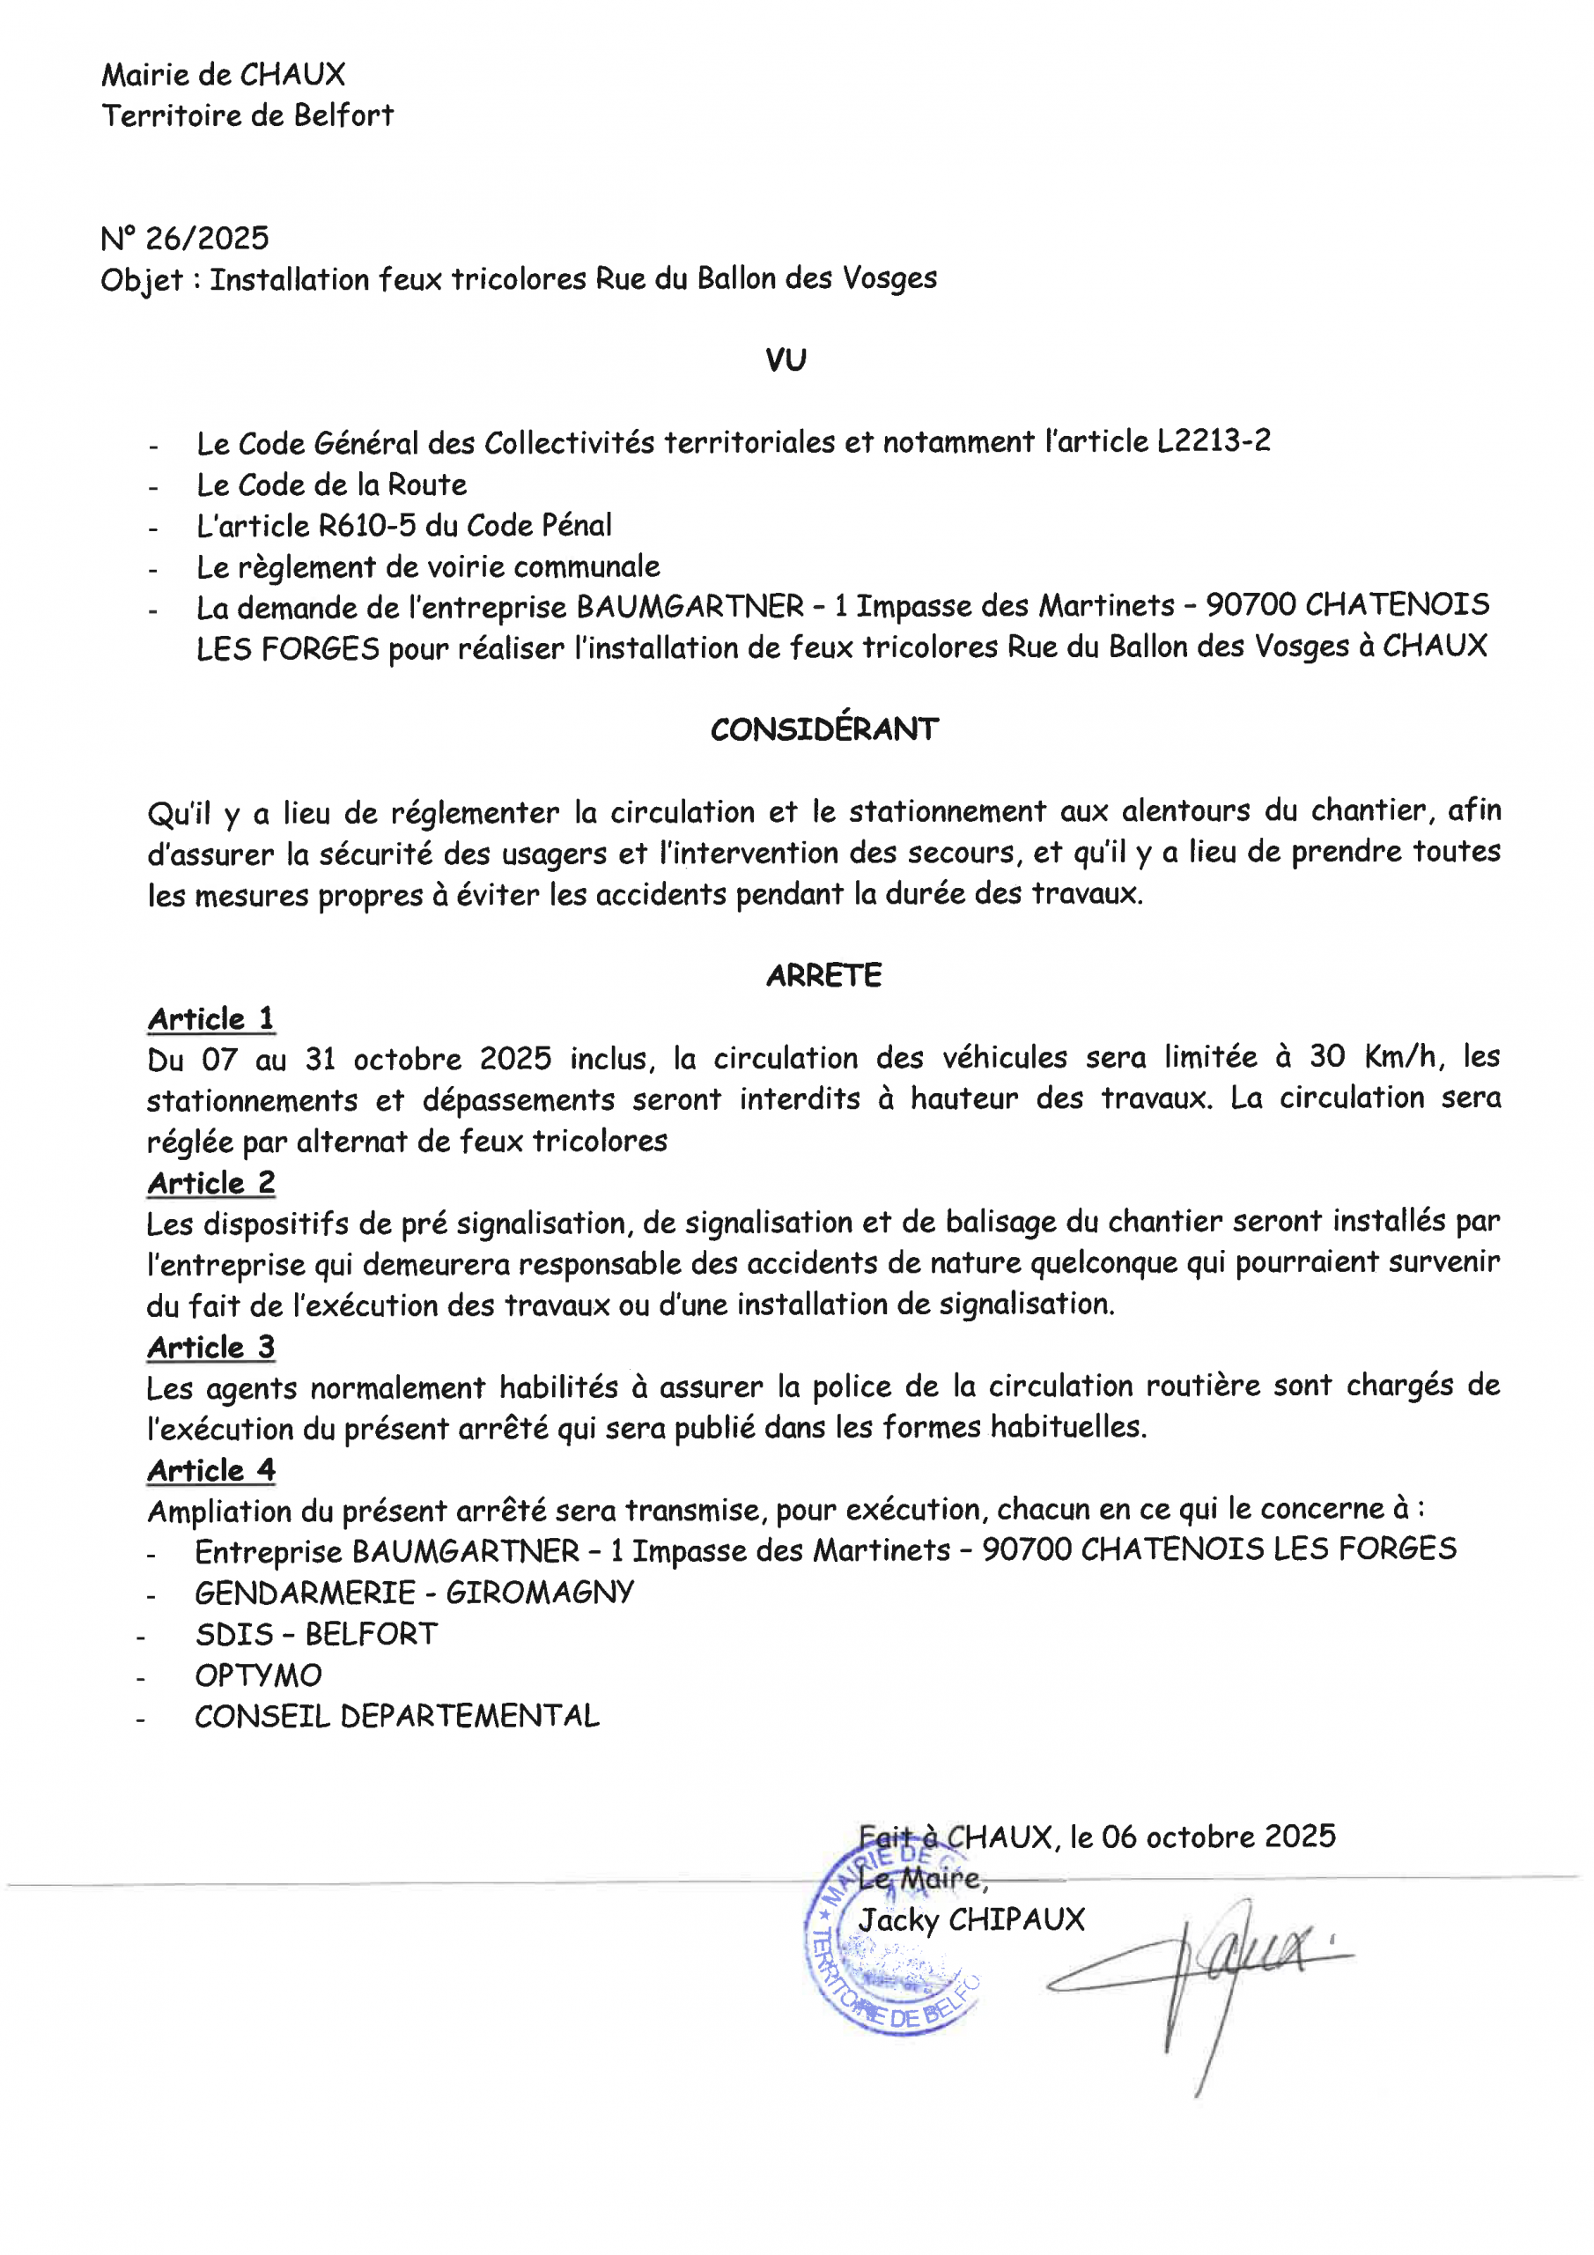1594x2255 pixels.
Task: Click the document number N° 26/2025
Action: tap(185, 239)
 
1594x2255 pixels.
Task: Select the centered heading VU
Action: tap(786, 360)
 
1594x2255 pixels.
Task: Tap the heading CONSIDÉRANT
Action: tap(824, 728)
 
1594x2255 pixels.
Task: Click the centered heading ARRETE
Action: tap(823, 975)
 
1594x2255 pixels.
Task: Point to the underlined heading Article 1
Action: tap(211, 1018)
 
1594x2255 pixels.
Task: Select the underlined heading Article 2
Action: tap(211, 1182)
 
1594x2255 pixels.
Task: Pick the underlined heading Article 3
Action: tap(211, 1347)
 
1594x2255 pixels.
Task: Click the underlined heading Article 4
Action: tap(211, 1470)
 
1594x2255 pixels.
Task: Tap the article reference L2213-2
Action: tap(1213, 441)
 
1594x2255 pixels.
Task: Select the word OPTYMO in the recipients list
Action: tap(258, 1675)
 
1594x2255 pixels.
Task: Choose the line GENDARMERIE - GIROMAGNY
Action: tap(415, 1592)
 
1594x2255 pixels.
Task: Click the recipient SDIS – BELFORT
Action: tap(316, 1633)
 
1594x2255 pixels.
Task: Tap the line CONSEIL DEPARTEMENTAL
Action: tap(397, 1716)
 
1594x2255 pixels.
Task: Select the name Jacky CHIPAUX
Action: tap(971, 1919)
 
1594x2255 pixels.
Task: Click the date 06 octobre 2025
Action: tap(1218, 1837)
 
